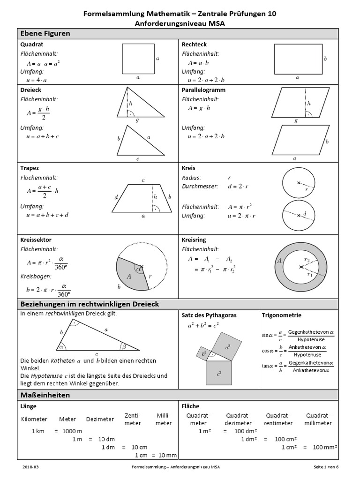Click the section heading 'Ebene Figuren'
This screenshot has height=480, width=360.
click(45, 33)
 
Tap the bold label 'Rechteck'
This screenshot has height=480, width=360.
click(194, 45)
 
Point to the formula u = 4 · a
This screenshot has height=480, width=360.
click(36, 80)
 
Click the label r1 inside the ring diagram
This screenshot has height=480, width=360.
click(310, 275)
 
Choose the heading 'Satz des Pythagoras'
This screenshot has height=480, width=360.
click(209, 315)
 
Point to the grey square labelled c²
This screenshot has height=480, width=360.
click(219, 373)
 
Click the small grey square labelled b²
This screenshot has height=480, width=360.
click(204, 354)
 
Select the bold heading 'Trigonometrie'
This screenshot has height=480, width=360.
click(281, 315)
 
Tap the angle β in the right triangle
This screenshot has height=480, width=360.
click(124, 347)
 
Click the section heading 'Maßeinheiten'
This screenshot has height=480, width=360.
click(45, 395)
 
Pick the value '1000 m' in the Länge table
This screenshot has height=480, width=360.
click(72, 431)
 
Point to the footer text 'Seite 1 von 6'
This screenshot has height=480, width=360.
click(326, 467)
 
